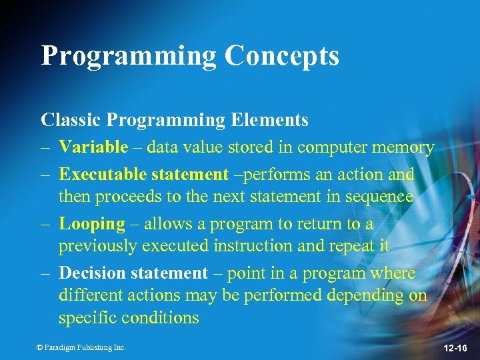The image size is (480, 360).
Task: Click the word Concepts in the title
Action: pos(281,56)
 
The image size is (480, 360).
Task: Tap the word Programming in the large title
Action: pos(129,56)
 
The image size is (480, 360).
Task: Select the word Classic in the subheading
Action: pos(70,120)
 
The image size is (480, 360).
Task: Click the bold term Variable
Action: pos(93,147)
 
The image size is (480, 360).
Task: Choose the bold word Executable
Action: pos(103,175)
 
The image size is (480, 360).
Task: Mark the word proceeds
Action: pos(124,197)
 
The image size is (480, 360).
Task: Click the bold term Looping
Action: pos(92,224)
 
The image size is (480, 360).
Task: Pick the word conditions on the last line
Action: pos(160,318)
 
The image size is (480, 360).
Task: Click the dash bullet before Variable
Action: pos(45,147)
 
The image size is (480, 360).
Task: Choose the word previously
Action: pos(100,246)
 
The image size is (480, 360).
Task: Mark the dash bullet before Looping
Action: pos(45,225)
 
